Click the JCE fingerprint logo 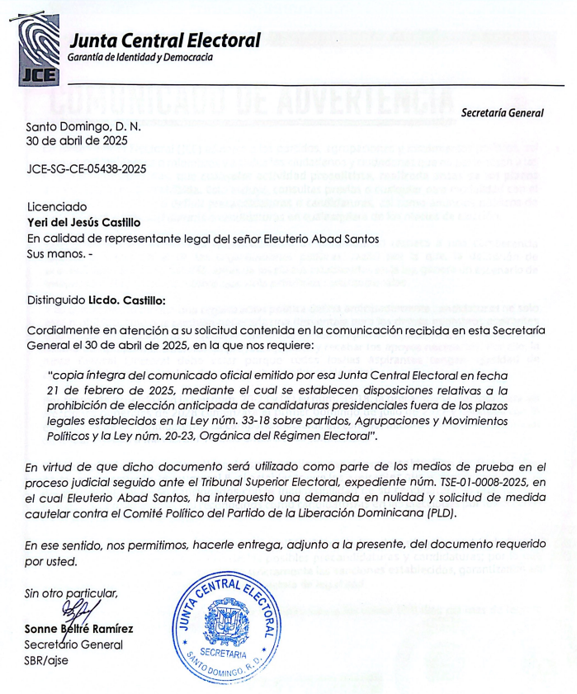[38, 52]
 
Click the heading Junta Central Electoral [165, 40]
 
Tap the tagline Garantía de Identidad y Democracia [140, 58]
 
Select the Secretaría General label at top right [502, 111]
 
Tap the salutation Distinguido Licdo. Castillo [96, 300]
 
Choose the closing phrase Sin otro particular [72, 592]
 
